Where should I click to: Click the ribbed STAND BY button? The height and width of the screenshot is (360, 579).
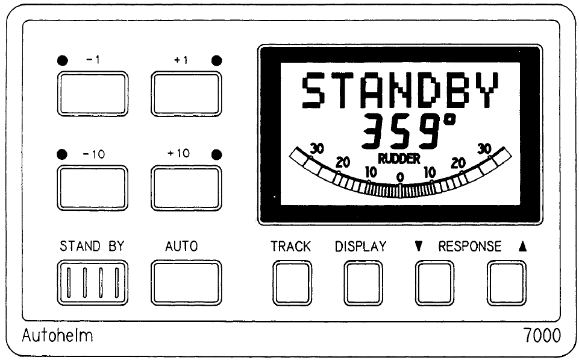click(x=93, y=282)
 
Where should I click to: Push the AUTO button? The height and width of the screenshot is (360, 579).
click(x=186, y=282)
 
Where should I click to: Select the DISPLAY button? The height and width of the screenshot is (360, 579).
click(x=363, y=282)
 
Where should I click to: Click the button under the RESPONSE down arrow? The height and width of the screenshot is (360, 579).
click(x=434, y=282)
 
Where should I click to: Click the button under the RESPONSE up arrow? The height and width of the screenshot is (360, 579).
click(x=506, y=282)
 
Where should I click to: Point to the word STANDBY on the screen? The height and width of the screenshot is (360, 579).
click(x=400, y=91)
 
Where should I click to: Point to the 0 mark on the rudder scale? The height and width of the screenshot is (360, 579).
click(x=400, y=177)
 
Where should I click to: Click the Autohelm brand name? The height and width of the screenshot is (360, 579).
click(x=57, y=336)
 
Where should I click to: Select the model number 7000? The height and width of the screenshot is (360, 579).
click(x=540, y=336)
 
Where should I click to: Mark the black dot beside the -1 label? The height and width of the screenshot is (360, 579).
click(x=62, y=60)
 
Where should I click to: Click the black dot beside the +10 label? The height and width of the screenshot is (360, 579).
click(x=217, y=154)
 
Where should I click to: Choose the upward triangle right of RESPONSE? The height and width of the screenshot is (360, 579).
click(x=521, y=247)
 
